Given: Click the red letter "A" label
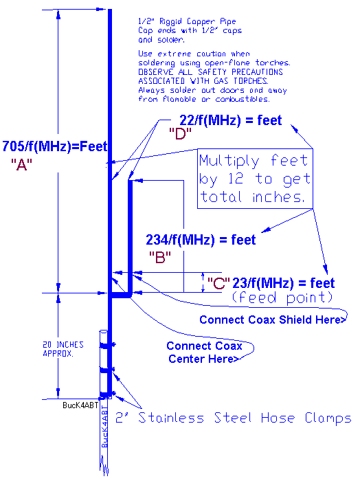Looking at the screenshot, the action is coord(21,165).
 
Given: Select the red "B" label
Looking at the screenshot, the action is coord(160,257).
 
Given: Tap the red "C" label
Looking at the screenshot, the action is coord(218,283).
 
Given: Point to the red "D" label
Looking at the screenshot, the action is coord(180,134).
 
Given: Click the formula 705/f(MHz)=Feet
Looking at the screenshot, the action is coord(55,146).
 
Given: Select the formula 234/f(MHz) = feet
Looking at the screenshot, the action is coord(201,240).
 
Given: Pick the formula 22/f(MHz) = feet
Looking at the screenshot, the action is coord(230,120).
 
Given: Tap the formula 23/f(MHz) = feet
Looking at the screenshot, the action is coord(283,283).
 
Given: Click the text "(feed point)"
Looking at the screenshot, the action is coord(282,298).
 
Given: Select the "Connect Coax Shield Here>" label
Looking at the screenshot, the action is coord(273,320).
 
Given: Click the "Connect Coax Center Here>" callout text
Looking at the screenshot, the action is coord(204,352).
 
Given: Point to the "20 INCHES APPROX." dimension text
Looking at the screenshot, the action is coord(63,349).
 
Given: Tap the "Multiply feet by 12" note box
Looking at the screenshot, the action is coord(255,179).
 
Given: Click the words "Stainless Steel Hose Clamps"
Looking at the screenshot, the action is coord(245,418).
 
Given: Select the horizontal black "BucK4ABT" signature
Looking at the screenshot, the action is coord(80,405).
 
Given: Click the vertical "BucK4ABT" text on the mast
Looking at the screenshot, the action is coord(104,427).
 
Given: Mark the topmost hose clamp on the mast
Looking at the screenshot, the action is coord(107,345).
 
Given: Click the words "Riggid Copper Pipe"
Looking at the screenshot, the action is coord(198,21).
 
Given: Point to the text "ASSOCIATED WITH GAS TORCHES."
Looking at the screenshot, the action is coord(203,81).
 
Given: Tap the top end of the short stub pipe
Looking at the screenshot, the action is coord(130,181).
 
